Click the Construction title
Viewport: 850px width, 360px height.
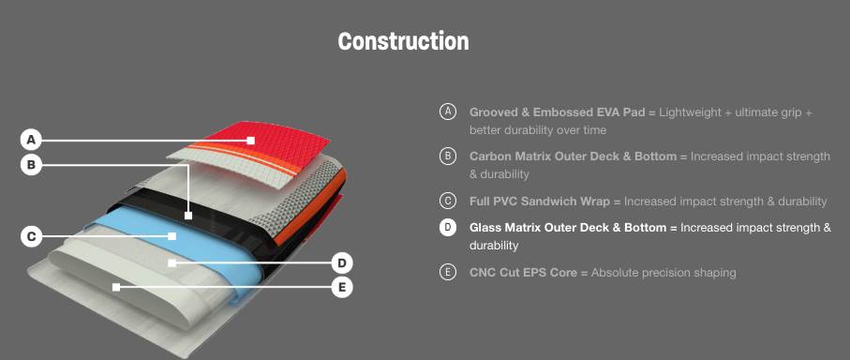(403, 41)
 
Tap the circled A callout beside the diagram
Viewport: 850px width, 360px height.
(31, 141)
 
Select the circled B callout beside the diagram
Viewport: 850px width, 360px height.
(31, 164)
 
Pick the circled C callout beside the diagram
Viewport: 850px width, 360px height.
(31, 236)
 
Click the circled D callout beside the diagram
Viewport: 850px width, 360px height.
(342, 263)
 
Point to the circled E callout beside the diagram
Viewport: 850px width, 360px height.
(342, 288)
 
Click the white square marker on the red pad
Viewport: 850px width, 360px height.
(251, 141)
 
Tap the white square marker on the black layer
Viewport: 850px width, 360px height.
(188, 216)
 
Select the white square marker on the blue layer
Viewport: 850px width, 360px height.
(171, 236)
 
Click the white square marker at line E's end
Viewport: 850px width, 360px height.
(116, 288)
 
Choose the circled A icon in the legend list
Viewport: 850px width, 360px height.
(447, 112)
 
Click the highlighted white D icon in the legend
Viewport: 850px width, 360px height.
(447, 227)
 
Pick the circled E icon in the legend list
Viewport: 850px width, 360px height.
(447, 272)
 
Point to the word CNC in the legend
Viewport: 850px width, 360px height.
(482, 272)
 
